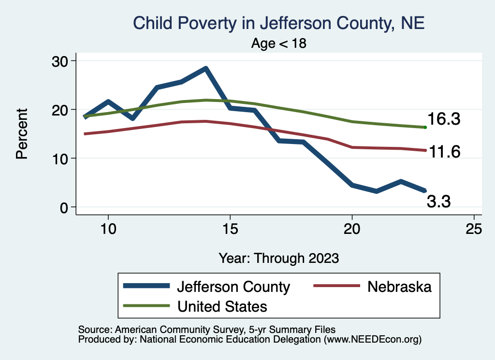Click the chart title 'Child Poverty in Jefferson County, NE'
coord(278,23)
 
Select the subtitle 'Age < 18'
coord(279,43)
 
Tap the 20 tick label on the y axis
coord(61,110)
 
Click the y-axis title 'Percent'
coord(22,134)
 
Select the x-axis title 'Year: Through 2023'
coord(278,258)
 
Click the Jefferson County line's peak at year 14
coord(206,69)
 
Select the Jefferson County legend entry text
coord(233,287)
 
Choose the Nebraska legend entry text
coord(399,287)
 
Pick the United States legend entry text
coord(222,306)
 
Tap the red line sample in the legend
coord(336,286)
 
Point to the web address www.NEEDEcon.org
coord(372,339)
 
